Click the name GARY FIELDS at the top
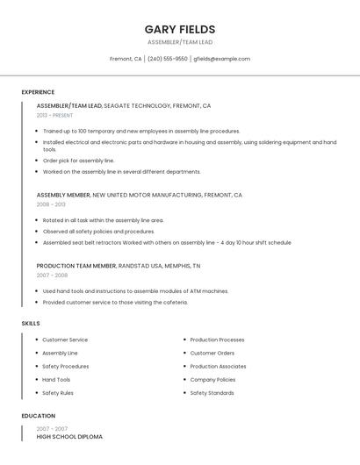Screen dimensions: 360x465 pyautogui.click(x=180, y=29)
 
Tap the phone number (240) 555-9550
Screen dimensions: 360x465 pyautogui.click(x=167, y=59)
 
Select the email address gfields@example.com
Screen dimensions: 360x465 pyautogui.click(x=221, y=59)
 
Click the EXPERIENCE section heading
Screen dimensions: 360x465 pyautogui.click(x=38, y=92)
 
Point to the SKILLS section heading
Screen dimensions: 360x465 pyautogui.click(x=31, y=324)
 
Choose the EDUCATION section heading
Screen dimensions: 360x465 pyautogui.click(x=39, y=416)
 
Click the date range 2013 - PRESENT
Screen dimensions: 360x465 pyautogui.click(x=54, y=115)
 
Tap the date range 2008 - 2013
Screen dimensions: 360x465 pyautogui.click(x=50, y=204)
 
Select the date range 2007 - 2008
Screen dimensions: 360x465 pyautogui.click(x=52, y=275)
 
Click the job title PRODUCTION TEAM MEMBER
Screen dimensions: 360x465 pyautogui.click(x=76, y=265)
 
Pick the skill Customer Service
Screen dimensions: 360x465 pyautogui.click(x=65, y=340)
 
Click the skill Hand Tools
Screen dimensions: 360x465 pyautogui.click(x=56, y=380)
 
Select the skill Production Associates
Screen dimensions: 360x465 pyautogui.click(x=218, y=367)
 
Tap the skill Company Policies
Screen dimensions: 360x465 pyautogui.click(x=212, y=380)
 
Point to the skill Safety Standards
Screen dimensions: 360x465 pyautogui.click(x=212, y=393)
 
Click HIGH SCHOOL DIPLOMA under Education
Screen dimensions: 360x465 pyautogui.click(x=69, y=436)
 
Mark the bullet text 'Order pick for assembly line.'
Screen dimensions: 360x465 pyautogui.click(x=79, y=161)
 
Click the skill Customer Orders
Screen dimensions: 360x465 pyautogui.click(x=212, y=353)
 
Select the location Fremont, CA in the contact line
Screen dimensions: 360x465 pyautogui.click(x=126, y=59)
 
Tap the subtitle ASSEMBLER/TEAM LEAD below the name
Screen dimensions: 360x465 pyautogui.click(x=180, y=42)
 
